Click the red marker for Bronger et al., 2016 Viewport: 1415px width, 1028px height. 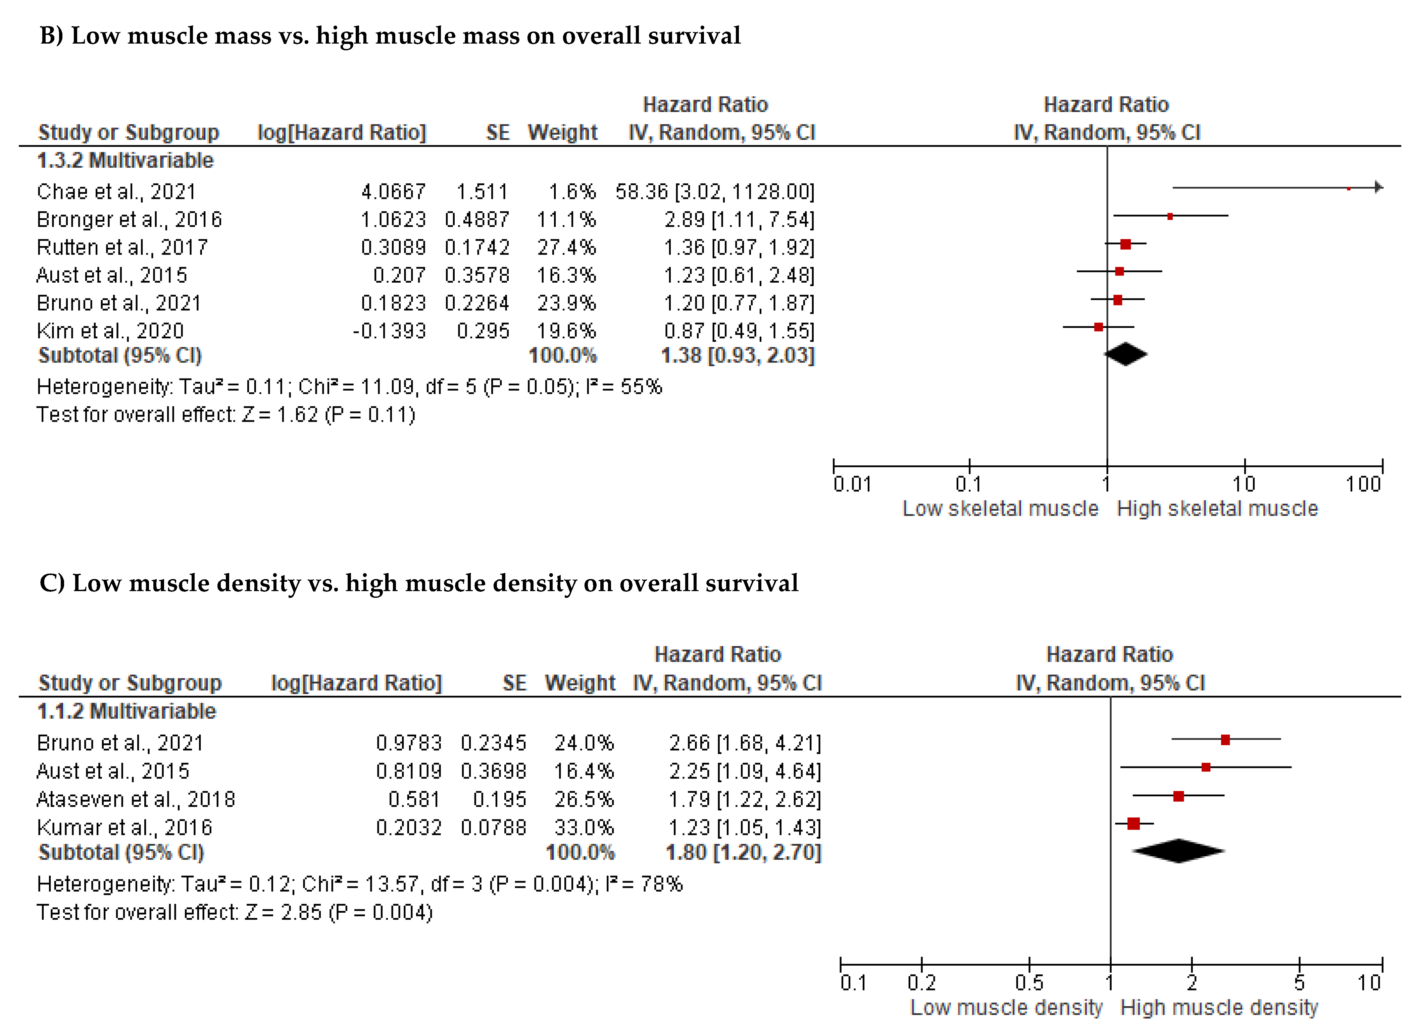coord(1170,216)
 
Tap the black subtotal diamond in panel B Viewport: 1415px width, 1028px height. coord(1125,354)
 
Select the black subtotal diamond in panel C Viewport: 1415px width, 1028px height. coord(1178,851)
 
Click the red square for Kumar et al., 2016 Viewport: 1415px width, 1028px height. coord(1133,823)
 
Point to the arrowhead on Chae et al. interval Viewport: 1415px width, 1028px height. coord(1379,187)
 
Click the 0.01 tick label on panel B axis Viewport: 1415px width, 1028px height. coord(853,484)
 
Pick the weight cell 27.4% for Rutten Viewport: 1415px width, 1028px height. coord(566,247)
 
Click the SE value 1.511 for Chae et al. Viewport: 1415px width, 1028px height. coord(482,191)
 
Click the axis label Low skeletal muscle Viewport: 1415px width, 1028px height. coord(1000,509)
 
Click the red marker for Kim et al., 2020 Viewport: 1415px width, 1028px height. coord(1098,327)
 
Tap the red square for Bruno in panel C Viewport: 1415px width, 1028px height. coord(1225,739)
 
